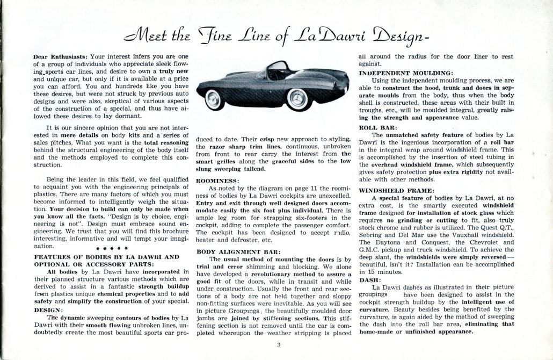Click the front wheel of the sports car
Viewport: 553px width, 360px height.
(294, 98)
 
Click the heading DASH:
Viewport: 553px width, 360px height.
(369, 280)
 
